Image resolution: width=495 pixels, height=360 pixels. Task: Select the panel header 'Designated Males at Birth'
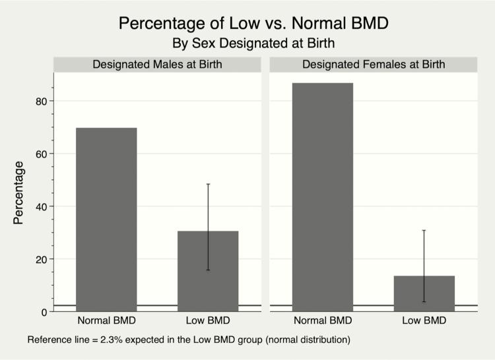pos(157,65)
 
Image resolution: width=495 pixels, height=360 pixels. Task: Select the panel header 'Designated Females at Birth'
pos(374,65)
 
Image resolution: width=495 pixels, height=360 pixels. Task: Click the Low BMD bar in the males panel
pos(208,271)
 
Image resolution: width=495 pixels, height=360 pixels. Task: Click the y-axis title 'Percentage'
pos(18,193)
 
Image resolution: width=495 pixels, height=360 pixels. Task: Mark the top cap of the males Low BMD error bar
pos(208,184)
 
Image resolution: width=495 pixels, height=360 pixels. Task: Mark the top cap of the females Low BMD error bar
pos(424,230)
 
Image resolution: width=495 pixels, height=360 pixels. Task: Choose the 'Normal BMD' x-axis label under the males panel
pos(106,321)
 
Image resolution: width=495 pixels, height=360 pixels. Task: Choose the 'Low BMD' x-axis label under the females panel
pos(424,321)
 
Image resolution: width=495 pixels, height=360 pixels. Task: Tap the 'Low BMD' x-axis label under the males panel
pos(208,321)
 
